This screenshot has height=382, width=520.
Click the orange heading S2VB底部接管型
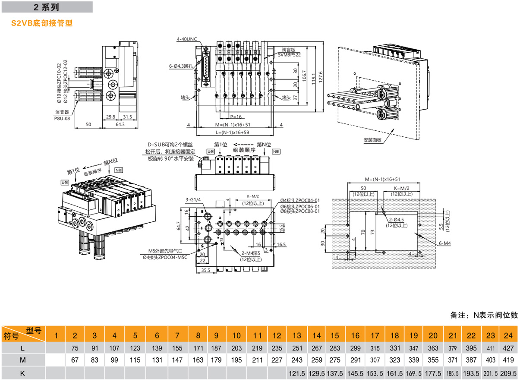(x=42, y=23)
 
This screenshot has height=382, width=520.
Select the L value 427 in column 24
(x=509, y=348)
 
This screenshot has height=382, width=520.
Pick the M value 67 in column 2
(x=75, y=360)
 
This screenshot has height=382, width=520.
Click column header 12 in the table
(x=277, y=336)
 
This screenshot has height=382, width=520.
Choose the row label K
(x=22, y=373)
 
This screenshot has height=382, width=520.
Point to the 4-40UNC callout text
(x=186, y=39)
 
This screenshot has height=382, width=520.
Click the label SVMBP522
(x=289, y=54)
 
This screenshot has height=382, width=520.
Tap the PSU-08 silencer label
(x=62, y=117)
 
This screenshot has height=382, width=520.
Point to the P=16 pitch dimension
(x=236, y=117)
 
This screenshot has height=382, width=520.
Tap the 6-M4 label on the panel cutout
(x=444, y=244)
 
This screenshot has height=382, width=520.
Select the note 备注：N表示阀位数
(x=484, y=315)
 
